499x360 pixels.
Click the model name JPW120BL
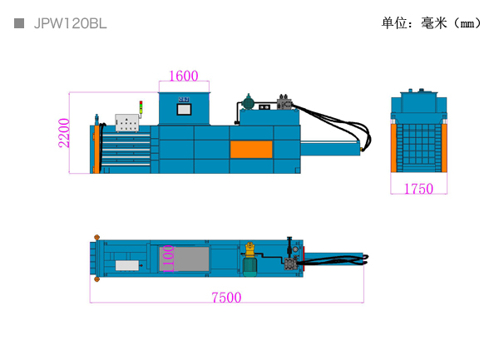coord(71,24)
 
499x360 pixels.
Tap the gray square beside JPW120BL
coord(19,23)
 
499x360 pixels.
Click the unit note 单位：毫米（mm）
coord(431,23)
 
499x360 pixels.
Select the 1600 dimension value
coord(184,76)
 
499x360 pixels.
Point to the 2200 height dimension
coord(64,133)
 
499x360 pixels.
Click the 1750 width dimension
coord(418,189)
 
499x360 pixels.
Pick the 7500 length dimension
coord(226,298)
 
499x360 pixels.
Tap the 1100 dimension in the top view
coord(168,259)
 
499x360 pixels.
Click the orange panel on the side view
coord(251,150)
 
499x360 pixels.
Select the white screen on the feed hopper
coord(184,110)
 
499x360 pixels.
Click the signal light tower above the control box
coord(141,109)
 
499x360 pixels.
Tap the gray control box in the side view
coord(127,123)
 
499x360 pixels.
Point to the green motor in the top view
coord(249,267)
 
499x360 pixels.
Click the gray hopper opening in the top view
coord(185,259)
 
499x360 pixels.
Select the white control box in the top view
coord(127,265)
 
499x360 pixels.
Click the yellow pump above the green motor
coord(250,249)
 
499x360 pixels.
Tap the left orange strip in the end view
coord(393,148)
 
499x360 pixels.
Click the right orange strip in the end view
coord(444,148)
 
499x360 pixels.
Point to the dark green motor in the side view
coord(249,102)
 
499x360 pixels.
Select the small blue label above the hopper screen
coord(184,100)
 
